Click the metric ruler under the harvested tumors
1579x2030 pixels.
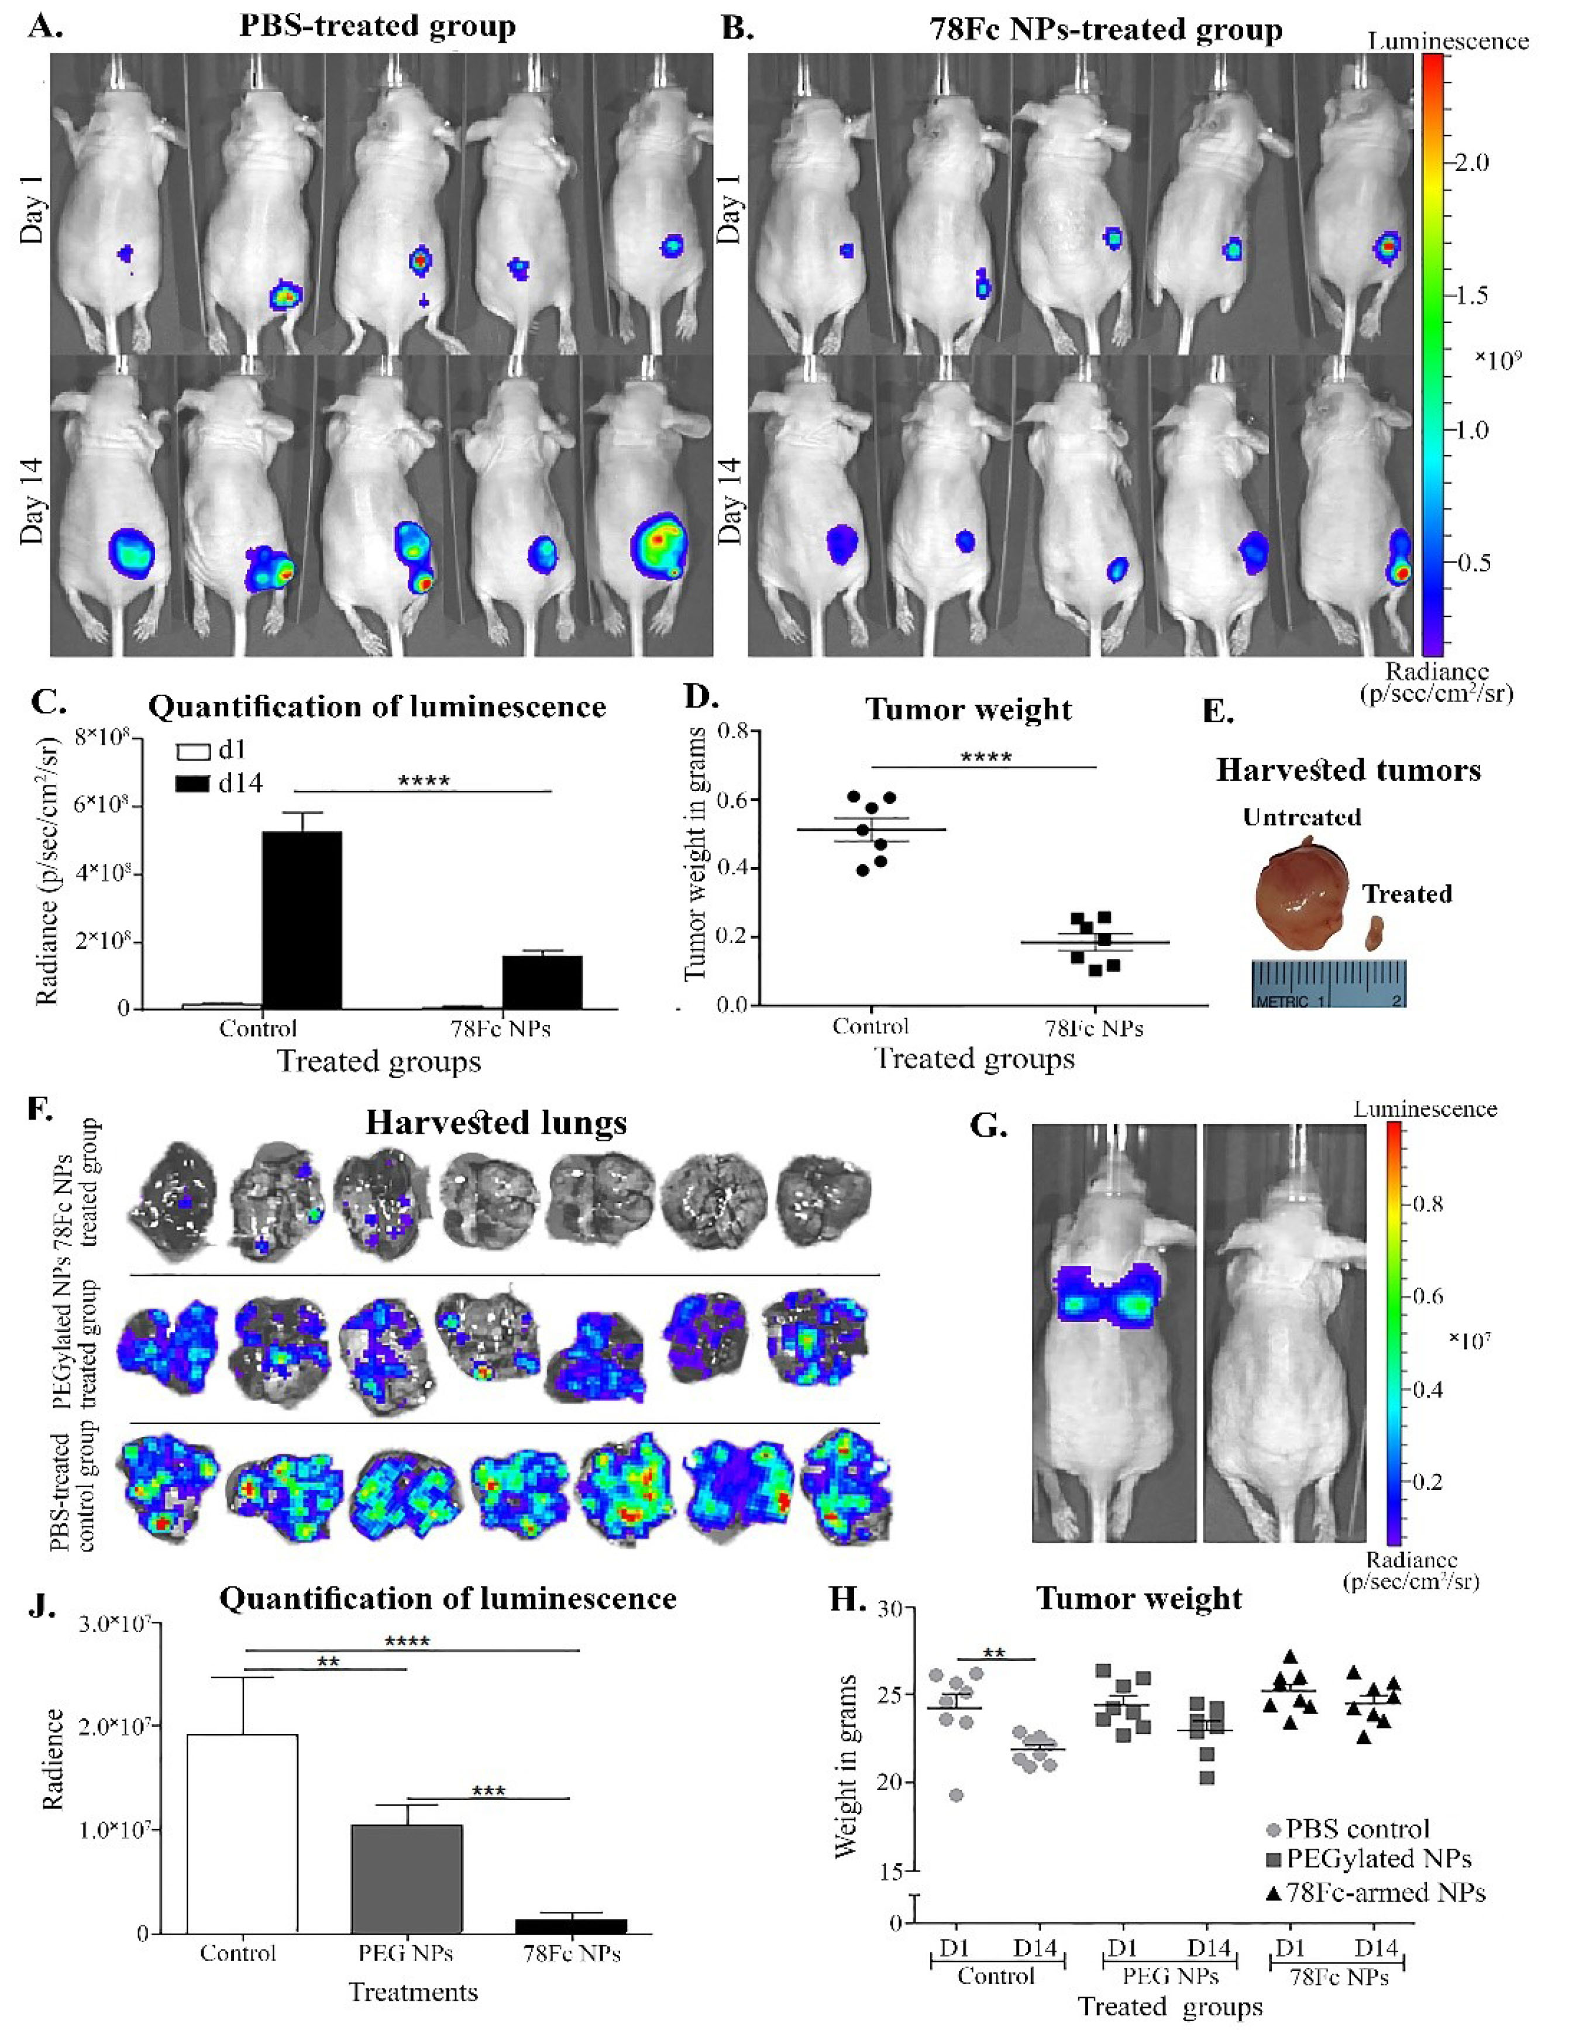(x=1329, y=985)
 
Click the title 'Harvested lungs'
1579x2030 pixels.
(x=496, y=1123)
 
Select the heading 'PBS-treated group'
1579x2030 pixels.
(x=377, y=26)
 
